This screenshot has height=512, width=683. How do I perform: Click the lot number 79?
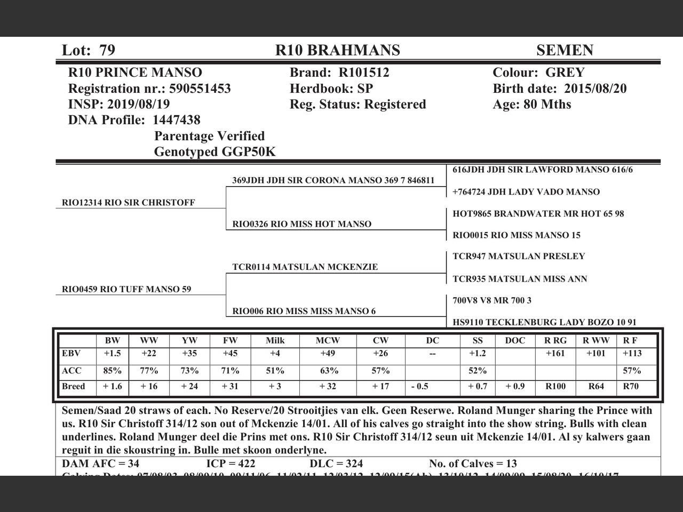coord(107,50)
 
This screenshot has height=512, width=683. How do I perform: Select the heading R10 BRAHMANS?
coord(337,50)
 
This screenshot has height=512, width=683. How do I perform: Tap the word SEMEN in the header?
coord(565,50)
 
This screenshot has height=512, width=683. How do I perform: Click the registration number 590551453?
coord(200,89)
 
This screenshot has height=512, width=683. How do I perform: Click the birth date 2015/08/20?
coord(595,89)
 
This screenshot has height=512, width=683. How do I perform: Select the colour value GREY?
coord(565,73)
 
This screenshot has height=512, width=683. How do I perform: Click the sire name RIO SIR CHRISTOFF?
coord(149,203)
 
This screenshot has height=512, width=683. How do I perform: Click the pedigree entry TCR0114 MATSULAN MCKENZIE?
coord(305,267)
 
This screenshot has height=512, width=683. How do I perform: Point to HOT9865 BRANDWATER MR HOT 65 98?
coord(538,214)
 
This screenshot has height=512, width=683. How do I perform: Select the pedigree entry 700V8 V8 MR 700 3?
coord(491,300)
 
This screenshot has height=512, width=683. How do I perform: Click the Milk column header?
coord(275,340)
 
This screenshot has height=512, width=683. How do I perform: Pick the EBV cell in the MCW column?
coord(328,353)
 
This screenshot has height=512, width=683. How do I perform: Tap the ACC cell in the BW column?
coord(112,371)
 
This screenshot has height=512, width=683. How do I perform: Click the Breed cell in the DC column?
coord(419,386)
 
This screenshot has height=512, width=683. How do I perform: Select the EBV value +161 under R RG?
coord(555,353)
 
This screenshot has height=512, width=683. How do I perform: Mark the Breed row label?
coord(74,386)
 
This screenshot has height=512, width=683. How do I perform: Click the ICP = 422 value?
coord(231,463)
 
